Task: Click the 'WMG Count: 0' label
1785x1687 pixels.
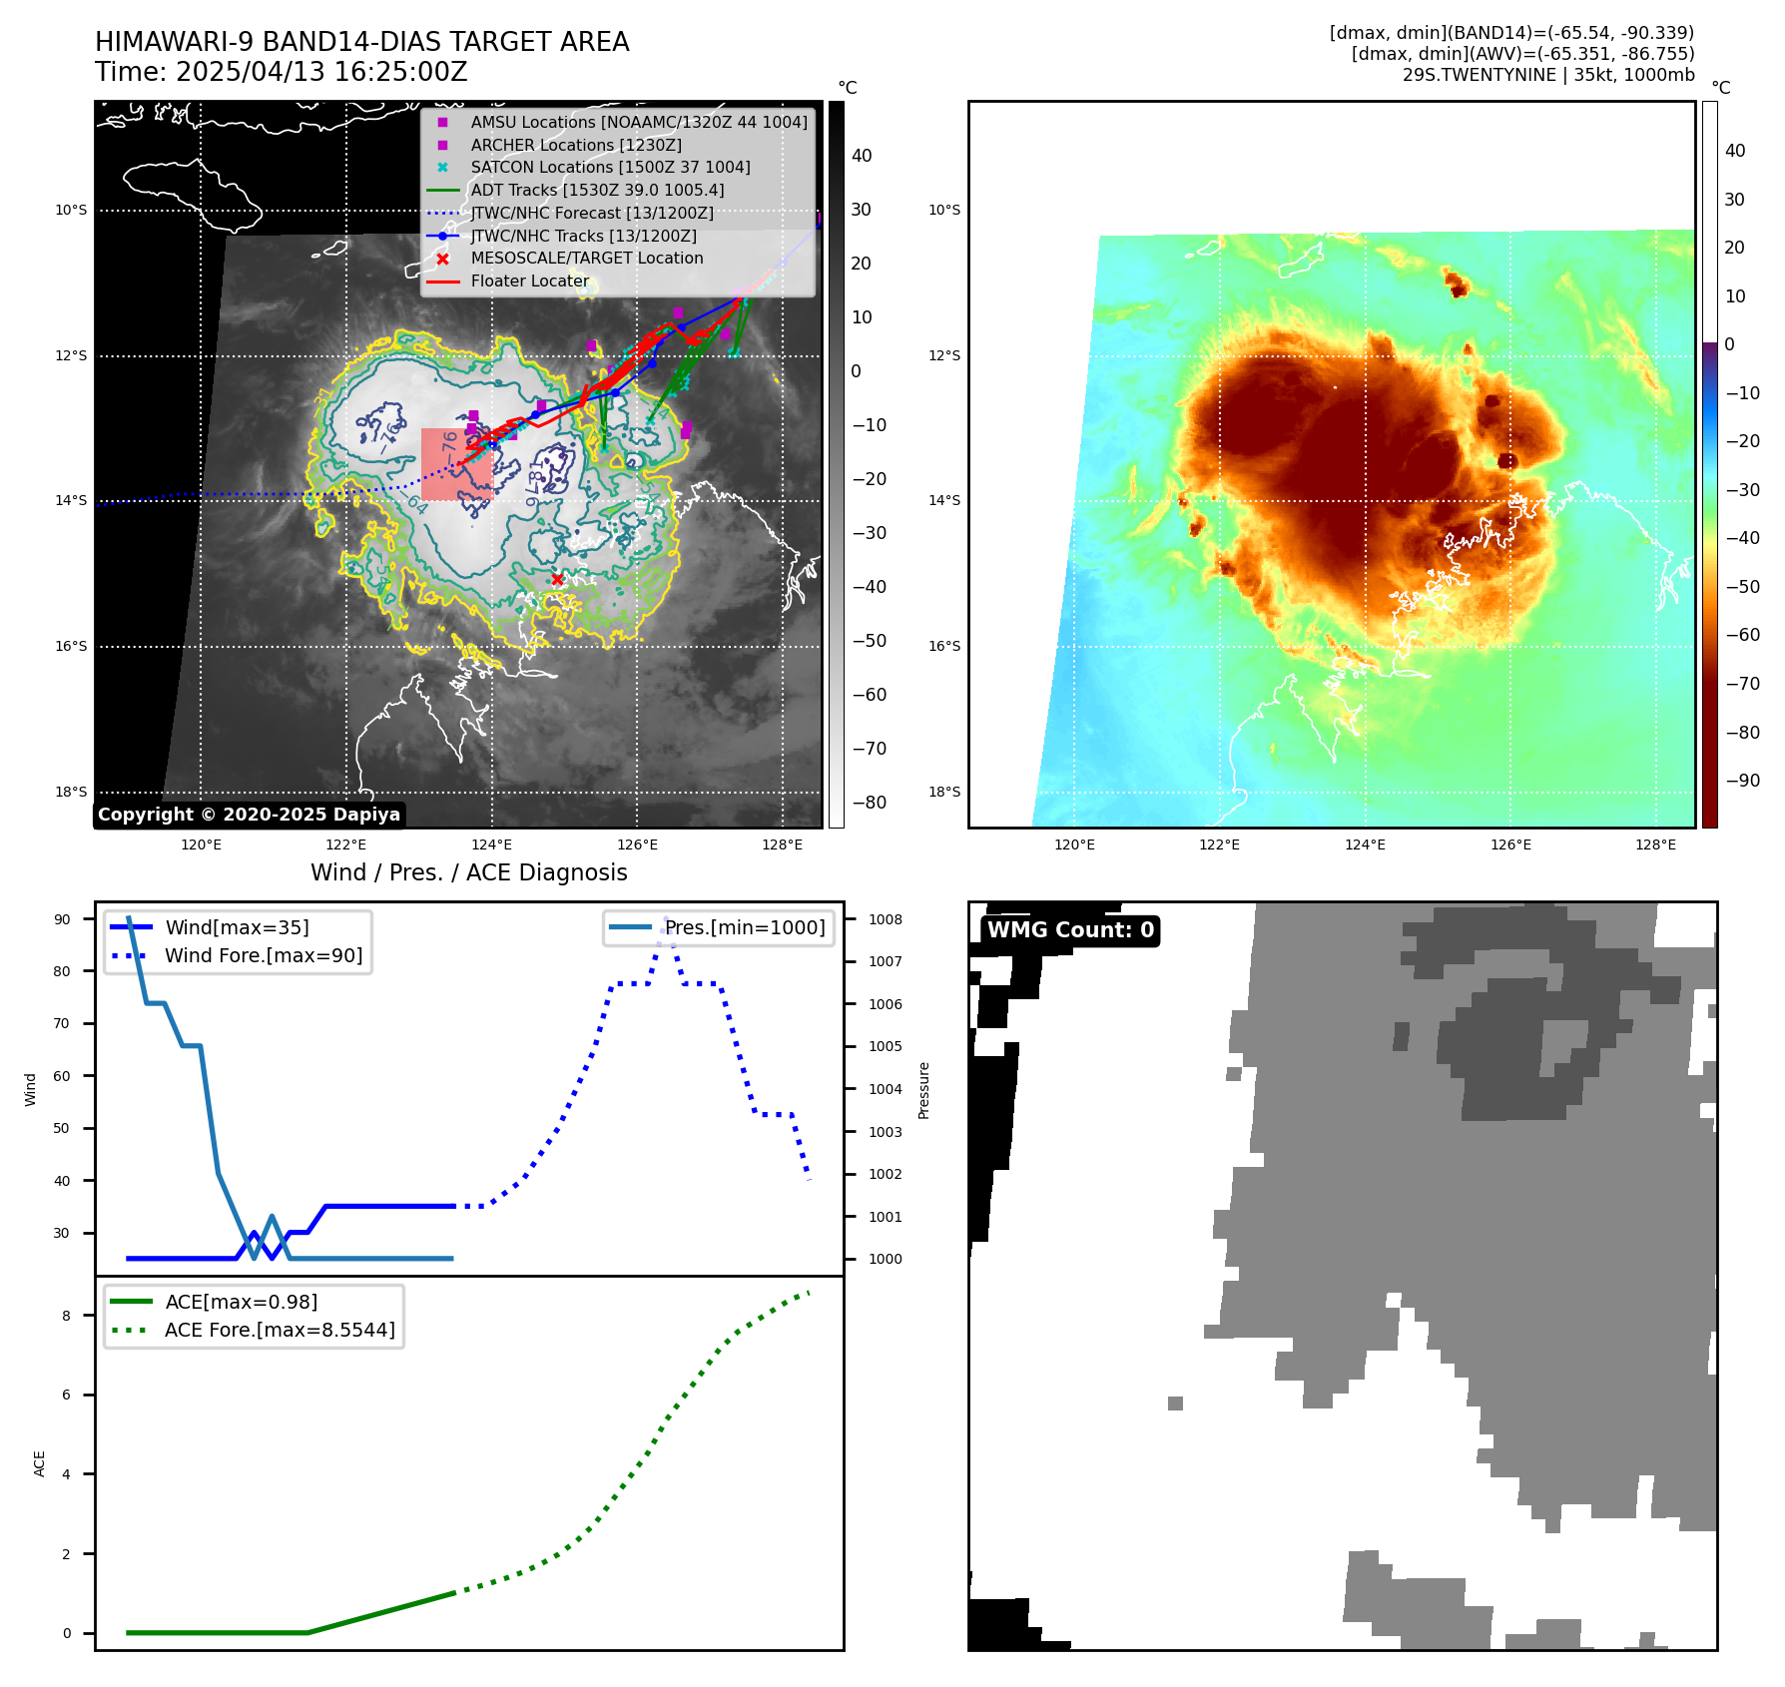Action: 1070,930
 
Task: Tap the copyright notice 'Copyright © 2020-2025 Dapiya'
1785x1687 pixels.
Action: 249,815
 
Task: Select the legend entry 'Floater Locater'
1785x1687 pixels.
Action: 529,281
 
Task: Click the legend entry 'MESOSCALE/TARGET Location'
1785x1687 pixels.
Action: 586,259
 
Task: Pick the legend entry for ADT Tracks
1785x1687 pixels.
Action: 597,190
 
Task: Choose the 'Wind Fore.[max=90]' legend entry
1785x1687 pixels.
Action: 264,955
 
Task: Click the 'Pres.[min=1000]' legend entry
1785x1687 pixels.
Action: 745,927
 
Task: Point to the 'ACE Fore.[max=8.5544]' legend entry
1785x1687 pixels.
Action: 280,1330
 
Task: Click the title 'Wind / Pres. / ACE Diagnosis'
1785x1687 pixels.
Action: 469,872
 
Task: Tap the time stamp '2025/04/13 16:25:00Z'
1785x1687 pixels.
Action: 321,72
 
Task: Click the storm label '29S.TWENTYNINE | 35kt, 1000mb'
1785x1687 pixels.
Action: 1548,75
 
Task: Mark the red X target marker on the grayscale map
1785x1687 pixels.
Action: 557,579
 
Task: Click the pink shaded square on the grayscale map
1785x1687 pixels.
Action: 457,464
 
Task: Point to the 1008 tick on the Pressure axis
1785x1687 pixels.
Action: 885,919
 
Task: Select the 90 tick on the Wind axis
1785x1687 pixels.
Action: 62,919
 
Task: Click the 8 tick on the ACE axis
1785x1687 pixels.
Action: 66,1316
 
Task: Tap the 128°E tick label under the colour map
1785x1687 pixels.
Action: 1655,844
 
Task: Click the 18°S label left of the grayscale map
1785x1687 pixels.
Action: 71,792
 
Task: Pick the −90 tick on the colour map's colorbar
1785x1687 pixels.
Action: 1742,781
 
